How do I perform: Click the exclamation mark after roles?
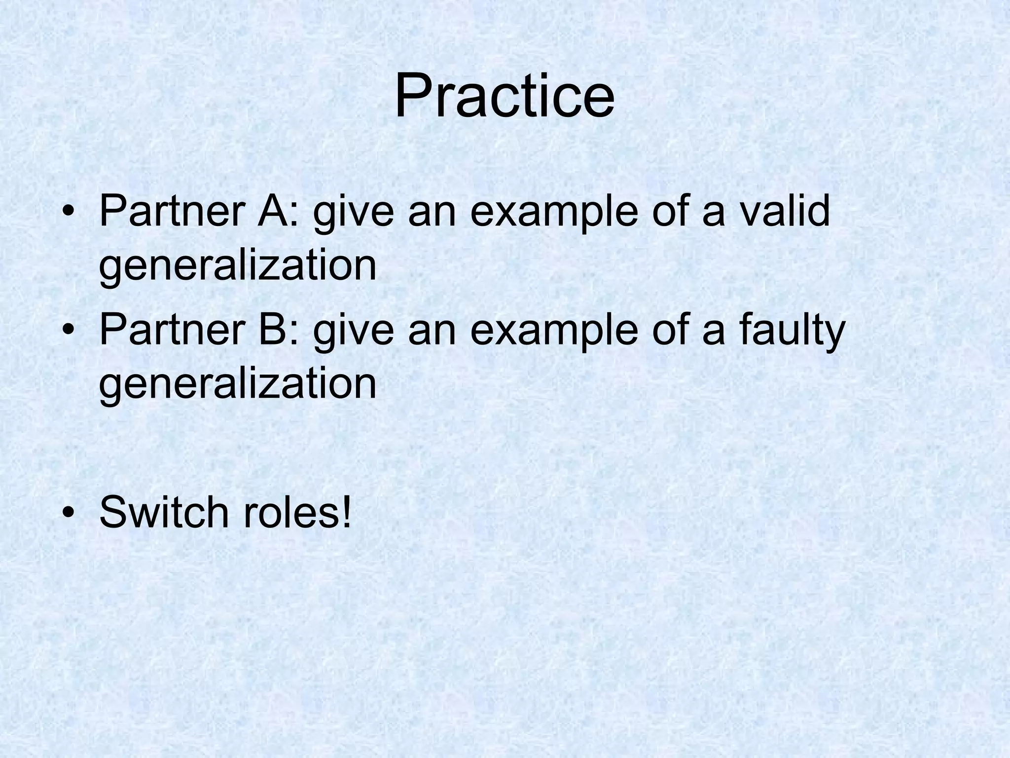pyautogui.click(x=347, y=511)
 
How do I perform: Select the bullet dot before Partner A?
pyautogui.click(x=69, y=213)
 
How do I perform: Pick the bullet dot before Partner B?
pyautogui.click(x=69, y=332)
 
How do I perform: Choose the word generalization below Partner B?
pyautogui.click(x=238, y=384)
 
